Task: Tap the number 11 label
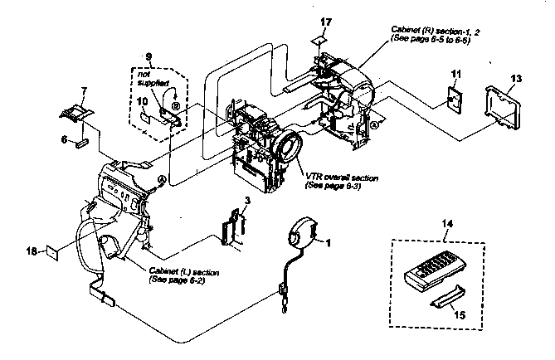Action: point(455,75)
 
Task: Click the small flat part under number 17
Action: point(324,39)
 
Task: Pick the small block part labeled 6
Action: point(82,143)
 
